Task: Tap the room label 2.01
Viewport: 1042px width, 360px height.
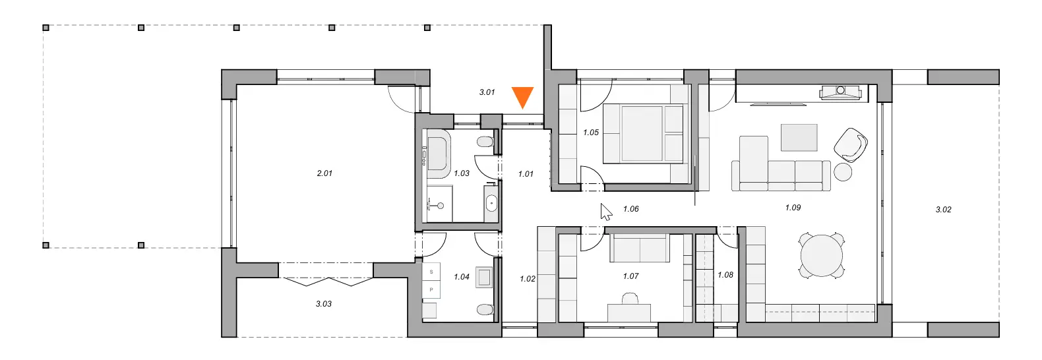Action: [324, 173]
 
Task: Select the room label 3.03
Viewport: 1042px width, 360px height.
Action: [324, 304]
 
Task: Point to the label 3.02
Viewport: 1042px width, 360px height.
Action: [943, 210]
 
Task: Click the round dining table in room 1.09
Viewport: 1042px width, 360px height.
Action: [822, 256]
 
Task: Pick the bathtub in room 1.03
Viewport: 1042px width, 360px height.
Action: [437, 154]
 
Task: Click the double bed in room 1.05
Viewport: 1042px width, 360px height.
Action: [644, 133]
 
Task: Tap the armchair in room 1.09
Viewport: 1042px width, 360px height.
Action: [851, 145]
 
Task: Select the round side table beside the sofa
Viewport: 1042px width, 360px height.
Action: [843, 172]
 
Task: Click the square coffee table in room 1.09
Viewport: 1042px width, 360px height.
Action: [799, 137]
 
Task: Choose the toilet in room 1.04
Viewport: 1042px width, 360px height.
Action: [485, 309]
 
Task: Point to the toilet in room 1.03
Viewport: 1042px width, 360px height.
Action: [485, 142]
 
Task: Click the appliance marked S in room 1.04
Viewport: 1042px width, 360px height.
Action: [431, 272]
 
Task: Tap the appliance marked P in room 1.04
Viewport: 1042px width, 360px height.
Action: [431, 289]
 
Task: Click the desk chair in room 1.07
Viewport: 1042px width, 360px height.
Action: [629, 299]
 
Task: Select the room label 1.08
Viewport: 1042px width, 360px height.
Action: [725, 275]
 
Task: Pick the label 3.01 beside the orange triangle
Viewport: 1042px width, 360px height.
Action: [487, 92]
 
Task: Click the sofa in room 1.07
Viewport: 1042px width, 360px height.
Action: [640, 248]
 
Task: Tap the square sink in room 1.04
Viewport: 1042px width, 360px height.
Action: [484, 278]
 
